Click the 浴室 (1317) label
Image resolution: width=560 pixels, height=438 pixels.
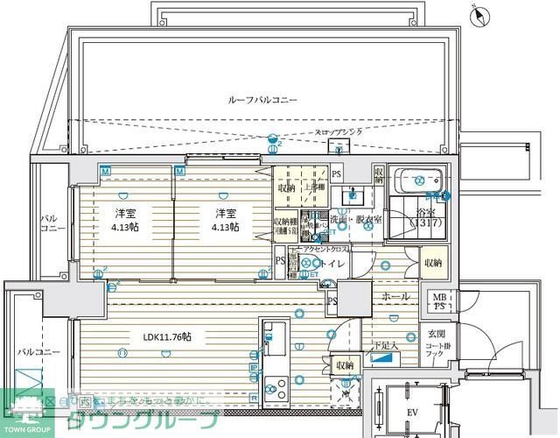coord(427,216)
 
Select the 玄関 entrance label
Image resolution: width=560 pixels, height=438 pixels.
coord(435,335)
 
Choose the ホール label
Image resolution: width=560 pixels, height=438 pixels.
coord(395,297)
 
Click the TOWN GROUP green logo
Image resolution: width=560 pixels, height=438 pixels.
coord(26,412)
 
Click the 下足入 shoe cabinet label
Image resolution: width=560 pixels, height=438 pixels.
coord(384,345)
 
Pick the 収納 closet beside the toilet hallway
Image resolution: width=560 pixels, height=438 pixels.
coord(432,262)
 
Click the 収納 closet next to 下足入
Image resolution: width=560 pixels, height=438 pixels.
coord(344,364)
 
